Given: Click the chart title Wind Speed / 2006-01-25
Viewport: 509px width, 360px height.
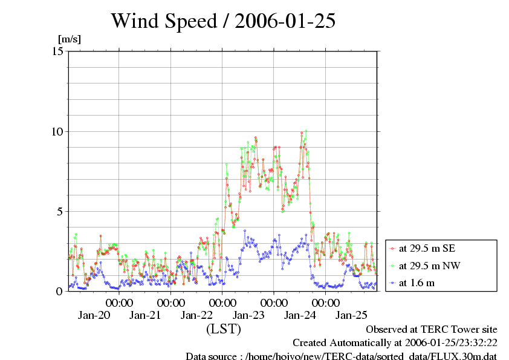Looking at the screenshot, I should pos(223,21).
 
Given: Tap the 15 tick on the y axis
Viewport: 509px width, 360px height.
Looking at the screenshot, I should pos(58,51).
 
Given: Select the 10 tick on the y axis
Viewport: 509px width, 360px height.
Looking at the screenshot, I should pos(58,131).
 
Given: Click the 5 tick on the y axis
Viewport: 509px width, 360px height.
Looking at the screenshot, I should pos(60,211).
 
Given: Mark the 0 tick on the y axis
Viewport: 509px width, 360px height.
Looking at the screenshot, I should pos(60,291).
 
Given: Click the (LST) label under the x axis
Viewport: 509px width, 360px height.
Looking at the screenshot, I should pos(224,329).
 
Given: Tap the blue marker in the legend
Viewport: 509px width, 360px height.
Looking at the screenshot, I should pos(393,283).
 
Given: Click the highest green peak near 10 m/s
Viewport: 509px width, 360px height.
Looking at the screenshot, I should pos(306,130).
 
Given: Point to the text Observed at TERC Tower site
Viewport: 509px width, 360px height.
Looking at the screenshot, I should pos(432,329).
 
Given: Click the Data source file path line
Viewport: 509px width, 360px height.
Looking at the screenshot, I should pos(341,356).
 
